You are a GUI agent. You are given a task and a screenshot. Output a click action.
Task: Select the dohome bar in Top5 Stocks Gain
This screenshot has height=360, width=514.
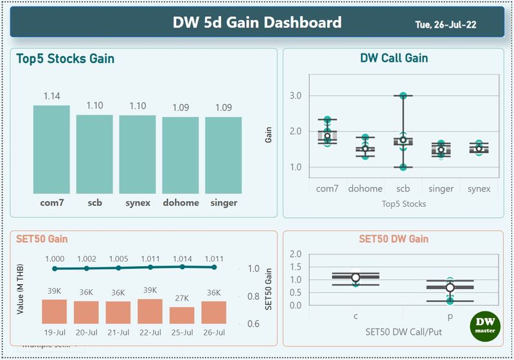pyautogui.click(x=181, y=155)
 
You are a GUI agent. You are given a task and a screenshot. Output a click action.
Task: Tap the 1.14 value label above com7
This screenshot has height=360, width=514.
pyautogui.click(x=52, y=96)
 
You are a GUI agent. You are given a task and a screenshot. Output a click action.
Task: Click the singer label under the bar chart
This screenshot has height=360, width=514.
pyautogui.click(x=224, y=203)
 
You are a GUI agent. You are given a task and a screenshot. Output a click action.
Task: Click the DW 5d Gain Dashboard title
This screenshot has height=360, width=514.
pyautogui.click(x=257, y=23)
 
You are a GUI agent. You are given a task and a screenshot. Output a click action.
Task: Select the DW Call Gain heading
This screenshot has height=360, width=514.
pyautogui.click(x=394, y=59)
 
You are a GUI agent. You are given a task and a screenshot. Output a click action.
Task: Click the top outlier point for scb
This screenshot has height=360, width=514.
pyautogui.click(x=403, y=95)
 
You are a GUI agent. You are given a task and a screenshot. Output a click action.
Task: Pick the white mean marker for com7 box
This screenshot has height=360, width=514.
pyautogui.click(x=327, y=136)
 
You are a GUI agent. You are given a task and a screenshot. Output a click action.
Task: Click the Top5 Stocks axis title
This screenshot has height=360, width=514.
pyautogui.click(x=403, y=204)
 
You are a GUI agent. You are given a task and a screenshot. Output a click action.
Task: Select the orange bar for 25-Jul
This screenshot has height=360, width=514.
pyautogui.click(x=182, y=315)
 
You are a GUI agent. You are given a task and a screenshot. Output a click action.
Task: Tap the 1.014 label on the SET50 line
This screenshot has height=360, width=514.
pyautogui.click(x=182, y=258)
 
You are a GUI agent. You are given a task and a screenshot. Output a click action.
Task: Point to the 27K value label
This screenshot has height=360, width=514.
pyautogui.click(x=182, y=298)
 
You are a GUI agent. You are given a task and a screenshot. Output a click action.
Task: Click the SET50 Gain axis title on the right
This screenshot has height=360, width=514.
pyautogui.click(x=269, y=289)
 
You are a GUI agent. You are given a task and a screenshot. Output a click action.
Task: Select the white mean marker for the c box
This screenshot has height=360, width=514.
pyautogui.click(x=355, y=278)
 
